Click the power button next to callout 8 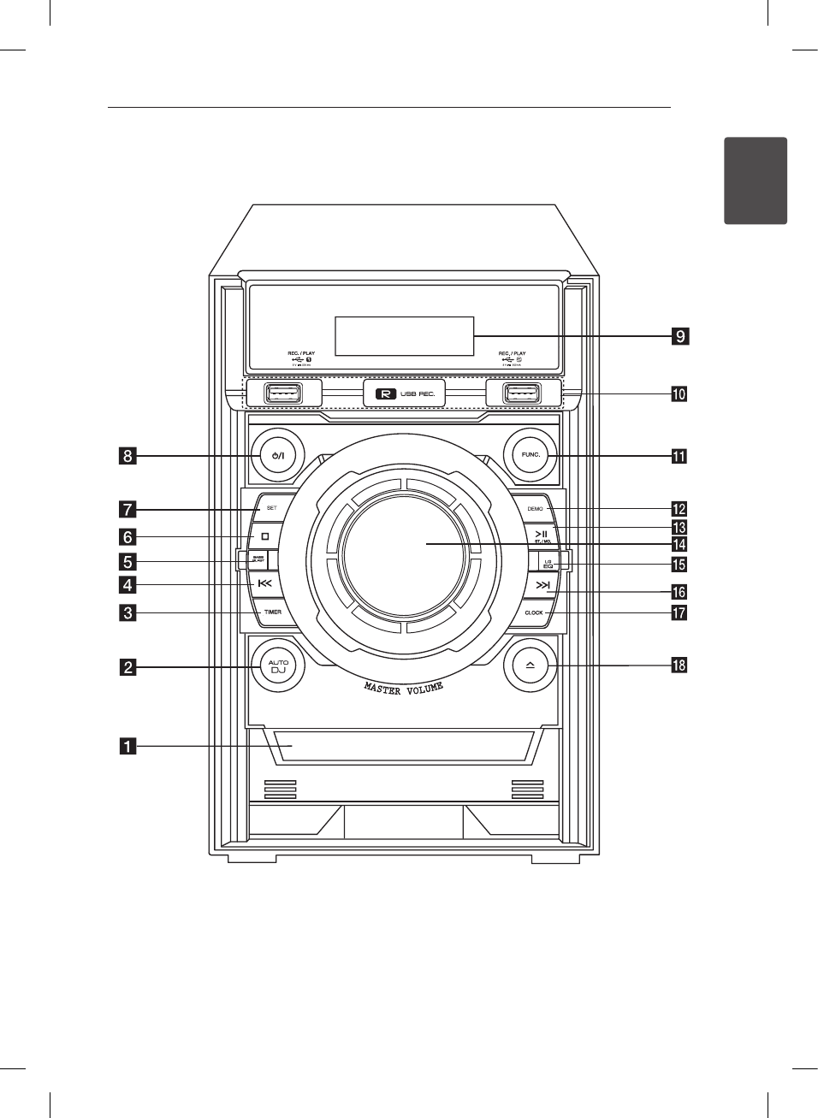pyautogui.click(x=276, y=455)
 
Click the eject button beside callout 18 pyautogui.click(x=530, y=665)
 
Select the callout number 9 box pyautogui.click(x=679, y=336)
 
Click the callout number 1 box pyautogui.click(x=127, y=747)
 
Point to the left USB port pyautogui.click(x=282, y=393)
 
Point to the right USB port pyautogui.click(x=521, y=393)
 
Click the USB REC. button pyautogui.click(x=404, y=393)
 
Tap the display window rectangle pyautogui.click(x=404, y=335)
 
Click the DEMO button pyautogui.click(x=535, y=508)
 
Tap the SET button pyautogui.click(x=271, y=508)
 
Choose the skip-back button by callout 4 pyautogui.click(x=264, y=584)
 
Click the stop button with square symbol pyautogui.click(x=265, y=536)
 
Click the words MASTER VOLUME pyautogui.click(x=404, y=688)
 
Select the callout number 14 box pyautogui.click(x=679, y=544)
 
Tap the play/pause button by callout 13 pyautogui.click(x=542, y=535)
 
